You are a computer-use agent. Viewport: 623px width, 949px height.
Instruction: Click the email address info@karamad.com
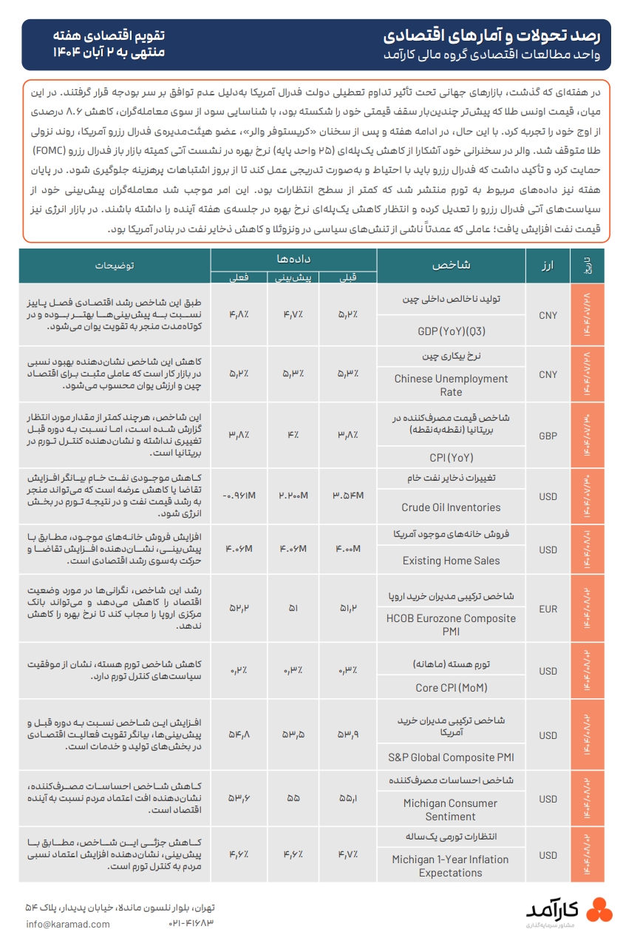tap(67, 924)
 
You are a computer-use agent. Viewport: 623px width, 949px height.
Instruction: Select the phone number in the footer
tap(191, 924)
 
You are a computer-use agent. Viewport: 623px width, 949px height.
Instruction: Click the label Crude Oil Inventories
tap(451, 507)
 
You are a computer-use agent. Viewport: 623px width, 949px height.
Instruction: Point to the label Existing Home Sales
tap(451, 561)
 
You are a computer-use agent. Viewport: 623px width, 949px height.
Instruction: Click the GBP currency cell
tap(548, 436)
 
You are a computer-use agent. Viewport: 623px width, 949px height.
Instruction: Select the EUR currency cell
tap(548, 609)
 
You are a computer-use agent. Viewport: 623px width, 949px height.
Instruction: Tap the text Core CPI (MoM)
tap(451, 688)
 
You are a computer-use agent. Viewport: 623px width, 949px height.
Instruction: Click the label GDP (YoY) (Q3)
tap(451, 331)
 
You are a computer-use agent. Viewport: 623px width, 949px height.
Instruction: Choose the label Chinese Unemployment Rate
tap(451, 385)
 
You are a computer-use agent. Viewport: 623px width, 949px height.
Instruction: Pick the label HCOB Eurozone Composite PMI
tap(451, 625)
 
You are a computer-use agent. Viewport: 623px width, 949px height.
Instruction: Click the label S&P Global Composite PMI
tap(451, 757)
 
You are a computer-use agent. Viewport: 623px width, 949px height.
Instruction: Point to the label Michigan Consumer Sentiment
tap(451, 810)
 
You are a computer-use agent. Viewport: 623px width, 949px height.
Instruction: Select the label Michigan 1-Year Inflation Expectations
tap(451, 866)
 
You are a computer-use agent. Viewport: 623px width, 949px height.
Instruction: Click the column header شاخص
tap(451, 265)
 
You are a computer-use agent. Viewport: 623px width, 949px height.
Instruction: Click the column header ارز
tap(548, 265)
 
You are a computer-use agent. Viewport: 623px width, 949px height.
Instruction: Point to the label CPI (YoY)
tap(451, 457)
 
